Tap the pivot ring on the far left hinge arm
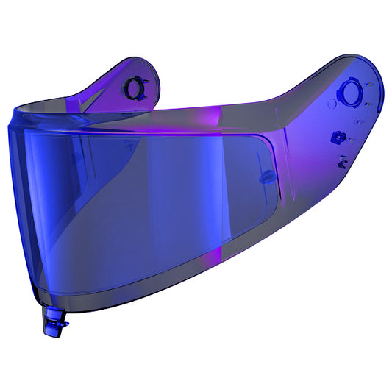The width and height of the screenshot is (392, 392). point(133,88)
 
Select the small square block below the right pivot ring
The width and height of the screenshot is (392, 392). point(338,136)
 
